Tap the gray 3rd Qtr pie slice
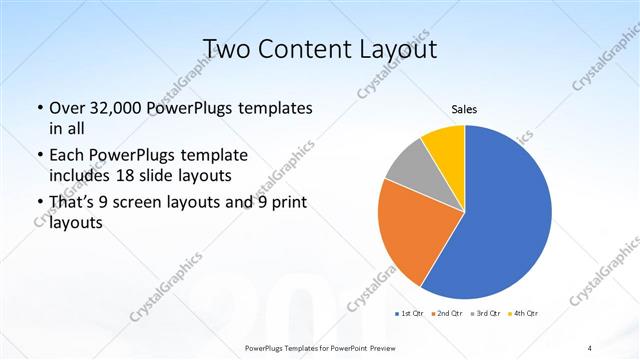tap(409, 164)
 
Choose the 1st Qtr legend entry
tap(410, 314)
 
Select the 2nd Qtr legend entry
tap(446, 314)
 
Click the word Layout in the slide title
tap(395, 49)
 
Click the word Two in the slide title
tap(226, 49)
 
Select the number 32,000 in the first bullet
tap(112, 108)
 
